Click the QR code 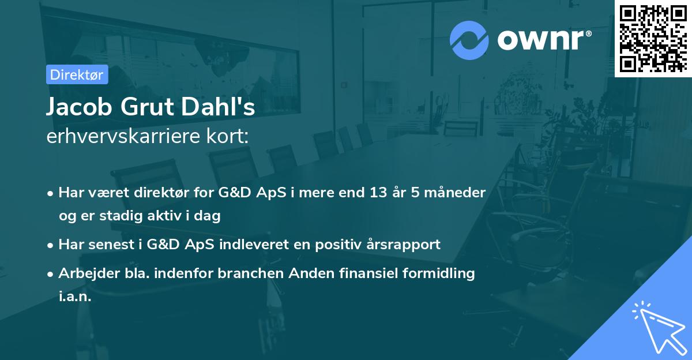point(653,38)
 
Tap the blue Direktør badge point(77,74)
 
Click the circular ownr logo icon point(469,40)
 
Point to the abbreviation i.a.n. point(75,297)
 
